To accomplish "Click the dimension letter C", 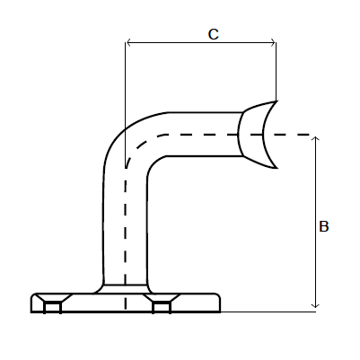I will (213, 34).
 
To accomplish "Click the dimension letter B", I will (324, 227).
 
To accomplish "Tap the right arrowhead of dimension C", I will (272, 41).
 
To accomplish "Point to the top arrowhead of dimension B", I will (314, 139).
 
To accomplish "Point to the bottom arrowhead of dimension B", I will (314, 307).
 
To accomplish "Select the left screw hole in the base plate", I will (52, 308).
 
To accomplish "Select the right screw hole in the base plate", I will (162, 308).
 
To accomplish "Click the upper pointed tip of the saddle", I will (276, 101).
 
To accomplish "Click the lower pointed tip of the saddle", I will (275, 168).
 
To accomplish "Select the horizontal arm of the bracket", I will (202, 134).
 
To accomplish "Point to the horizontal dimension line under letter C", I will (202, 41).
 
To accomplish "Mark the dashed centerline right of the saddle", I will (296, 135).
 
